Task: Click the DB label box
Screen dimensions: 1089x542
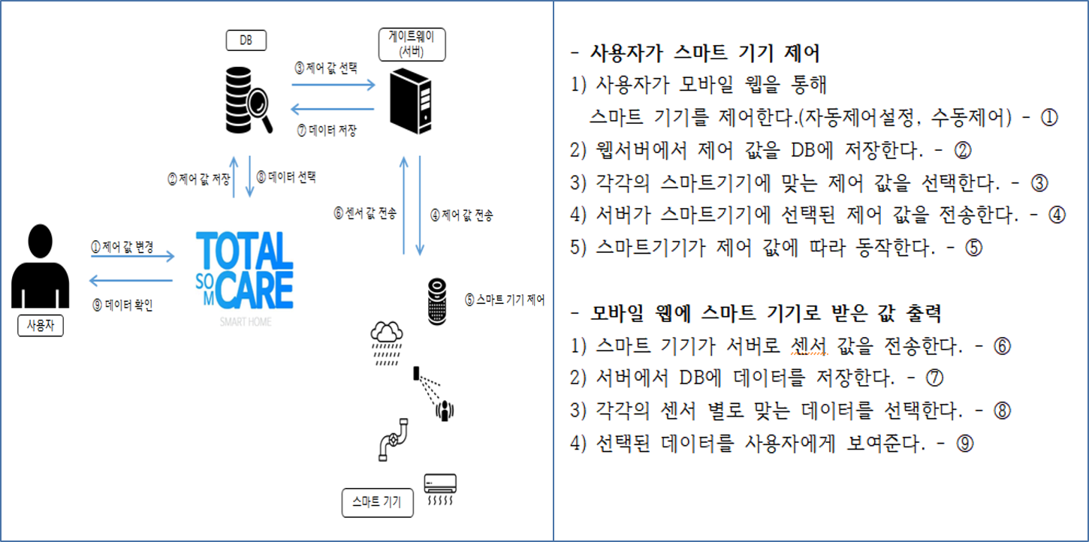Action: [x=246, y=41]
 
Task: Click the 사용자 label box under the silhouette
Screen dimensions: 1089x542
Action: [x=41, y=326]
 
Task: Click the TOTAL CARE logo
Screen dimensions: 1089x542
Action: [x=245, y=274]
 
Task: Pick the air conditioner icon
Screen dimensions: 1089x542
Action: [x=440, y=489]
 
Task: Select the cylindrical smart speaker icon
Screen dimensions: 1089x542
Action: [x=437, y=300]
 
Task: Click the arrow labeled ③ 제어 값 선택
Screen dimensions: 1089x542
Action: [x=333, y=85]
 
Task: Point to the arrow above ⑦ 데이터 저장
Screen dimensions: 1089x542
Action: [x=333, y=108]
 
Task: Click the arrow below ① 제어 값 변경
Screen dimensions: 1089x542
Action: [x=131, y=257]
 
